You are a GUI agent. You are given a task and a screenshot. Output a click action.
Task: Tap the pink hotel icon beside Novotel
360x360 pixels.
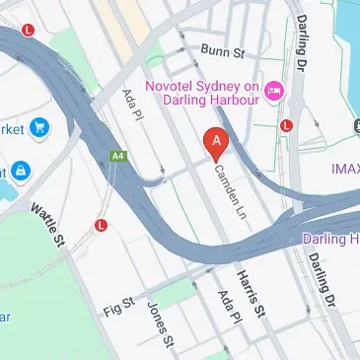[x=274, y=91]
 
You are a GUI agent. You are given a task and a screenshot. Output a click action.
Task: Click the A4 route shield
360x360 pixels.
[x=118, y=155]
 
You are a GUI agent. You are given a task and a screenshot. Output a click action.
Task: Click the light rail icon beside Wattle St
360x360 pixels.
[x=101, y=226]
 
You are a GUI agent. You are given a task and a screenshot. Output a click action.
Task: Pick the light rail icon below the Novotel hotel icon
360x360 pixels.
[x=286, y=125]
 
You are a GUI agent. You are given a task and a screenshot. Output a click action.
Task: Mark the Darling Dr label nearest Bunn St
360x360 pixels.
[x=301, y=38]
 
